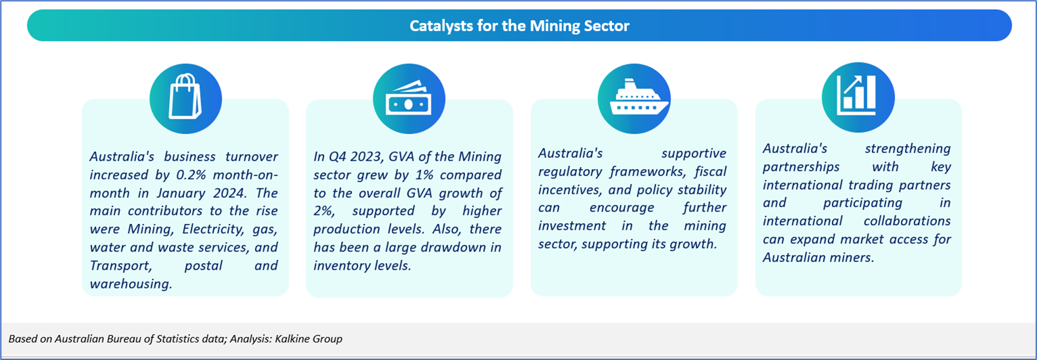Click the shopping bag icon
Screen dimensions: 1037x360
[x=185, y=97]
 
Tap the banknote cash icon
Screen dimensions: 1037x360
[x=409, y=98]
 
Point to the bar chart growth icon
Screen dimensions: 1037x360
[x=856, y=95]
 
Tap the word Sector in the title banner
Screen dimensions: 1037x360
[x=606, y=25]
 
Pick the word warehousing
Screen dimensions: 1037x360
[x=131, y=284]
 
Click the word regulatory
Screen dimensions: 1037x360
[x=570, y=172]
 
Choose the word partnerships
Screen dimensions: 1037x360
[x=802, y=167]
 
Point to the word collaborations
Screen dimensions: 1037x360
[x=907, y=221]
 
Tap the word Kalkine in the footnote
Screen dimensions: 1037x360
[x=292, y=339]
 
